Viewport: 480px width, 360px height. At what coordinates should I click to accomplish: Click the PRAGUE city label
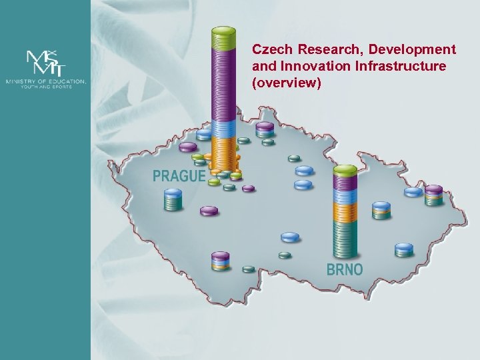click(x=179, y=176)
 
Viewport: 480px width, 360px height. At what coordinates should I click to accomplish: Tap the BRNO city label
click(x=345, y=270)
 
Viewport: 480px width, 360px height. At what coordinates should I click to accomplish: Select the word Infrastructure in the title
click(x=399, y=67)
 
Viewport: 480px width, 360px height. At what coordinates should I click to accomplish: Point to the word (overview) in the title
click(x=287, y=83)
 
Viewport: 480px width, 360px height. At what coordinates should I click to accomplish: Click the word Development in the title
click(x=413, y=50)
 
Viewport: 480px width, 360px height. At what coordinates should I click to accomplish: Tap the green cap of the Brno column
click(x=345, y=171)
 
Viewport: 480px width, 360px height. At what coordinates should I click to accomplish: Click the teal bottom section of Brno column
click(x=345, y=240)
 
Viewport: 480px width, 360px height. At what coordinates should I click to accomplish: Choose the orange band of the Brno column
click(x=345, y=212)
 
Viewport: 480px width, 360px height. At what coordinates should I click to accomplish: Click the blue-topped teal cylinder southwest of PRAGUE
click(x=173, y=199)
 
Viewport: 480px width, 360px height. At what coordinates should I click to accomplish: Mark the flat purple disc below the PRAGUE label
click(x=209, y=211)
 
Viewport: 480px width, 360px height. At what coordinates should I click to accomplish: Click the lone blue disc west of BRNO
click(x=291, y=237)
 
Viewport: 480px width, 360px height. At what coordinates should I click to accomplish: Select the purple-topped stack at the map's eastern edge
click(x=434, y=194)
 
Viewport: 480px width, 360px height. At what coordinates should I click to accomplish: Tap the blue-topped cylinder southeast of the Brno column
click(x=404, y=250)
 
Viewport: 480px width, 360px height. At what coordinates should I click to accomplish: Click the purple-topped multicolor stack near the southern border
click(x=221, y=261)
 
